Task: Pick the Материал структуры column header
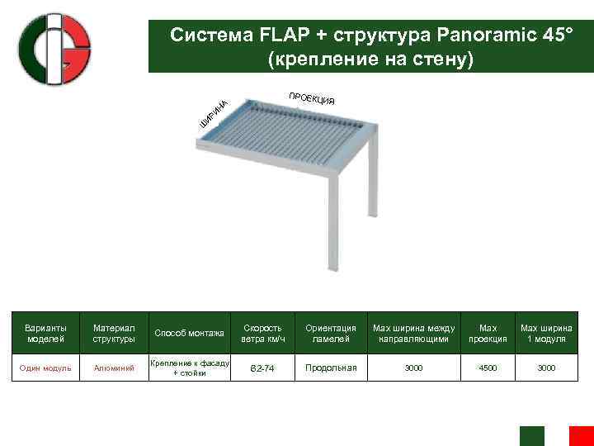[114, 333]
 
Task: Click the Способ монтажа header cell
[189, 333]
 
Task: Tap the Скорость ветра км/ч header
[263, 333]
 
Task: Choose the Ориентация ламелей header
[331, 333]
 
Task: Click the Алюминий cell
[114, 368]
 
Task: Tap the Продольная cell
[331, 368]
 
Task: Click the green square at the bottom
[531, 436]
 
